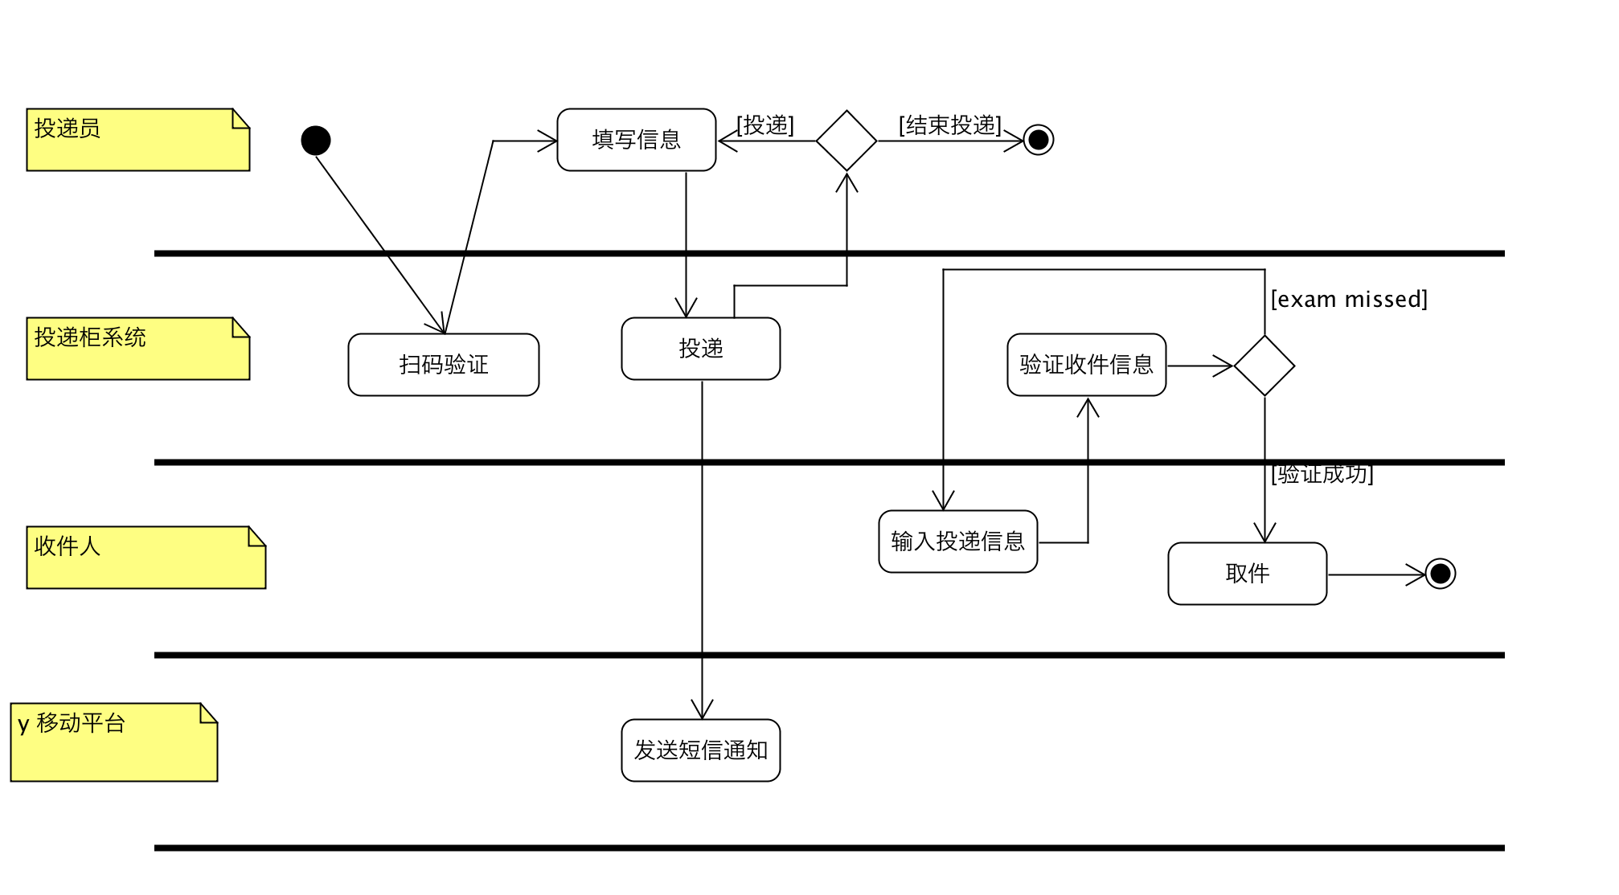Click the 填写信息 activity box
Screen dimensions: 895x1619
pyautogui.click(x=636, y=140)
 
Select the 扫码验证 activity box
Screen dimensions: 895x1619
pyautogui.click(x=443, y=365)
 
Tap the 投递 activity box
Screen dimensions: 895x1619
pyautogui.click(x=700, y=349)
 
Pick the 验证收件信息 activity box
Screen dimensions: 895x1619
pyautogui.click(x=1086, y=365)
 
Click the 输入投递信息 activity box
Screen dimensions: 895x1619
pyautogui.click(x=957, y=541)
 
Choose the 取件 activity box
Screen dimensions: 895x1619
pyautogui.click(x=1247, y=574)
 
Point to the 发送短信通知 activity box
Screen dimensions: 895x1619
pyautogui.click(x=700, y=750)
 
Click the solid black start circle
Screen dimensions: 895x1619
pyautogui.click(x=316, y=141)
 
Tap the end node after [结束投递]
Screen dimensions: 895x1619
pyautogui.click(x=1039, y=140)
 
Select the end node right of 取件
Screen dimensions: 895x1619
pyautogui.click(x=1441, y=574)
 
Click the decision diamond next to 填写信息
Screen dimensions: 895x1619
pyautogui.click(x=846, y=141)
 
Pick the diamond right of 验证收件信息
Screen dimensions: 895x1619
pyautogui.click(x=1264, y=366)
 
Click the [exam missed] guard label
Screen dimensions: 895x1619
pyautogui.click(x=1349, y=300)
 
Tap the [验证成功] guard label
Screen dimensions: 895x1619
pyautogui.click(x=1322, y=474)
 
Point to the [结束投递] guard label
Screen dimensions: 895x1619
pyautogui.click(x=950, y=125)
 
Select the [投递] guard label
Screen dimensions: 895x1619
pyautogui.click(x=765, y=125)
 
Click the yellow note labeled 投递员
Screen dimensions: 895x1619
pyautogui.click(x=137, y=140)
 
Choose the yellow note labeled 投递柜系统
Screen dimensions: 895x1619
pyautogui.click(x=137, y=349)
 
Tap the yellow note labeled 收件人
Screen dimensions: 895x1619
pyautogui.click(x=146, y=558)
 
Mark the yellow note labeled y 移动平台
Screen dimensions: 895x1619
pyautogui.click(x=113, y=742)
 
